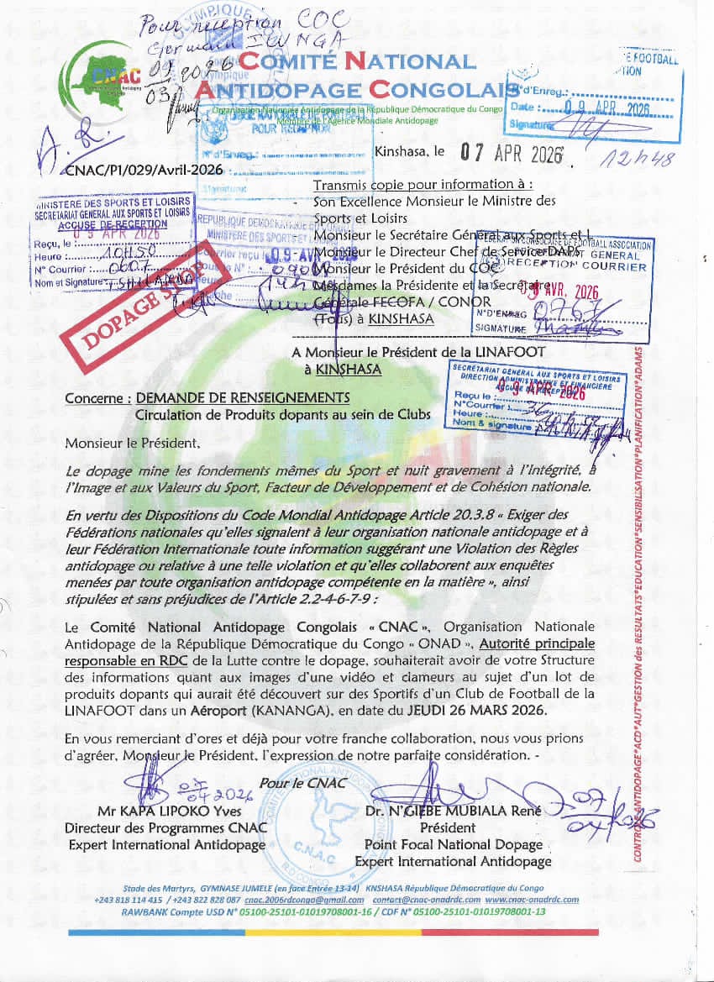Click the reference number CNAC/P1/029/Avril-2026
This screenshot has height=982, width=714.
click(144, 170)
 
